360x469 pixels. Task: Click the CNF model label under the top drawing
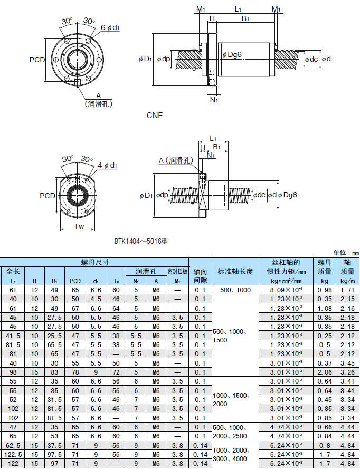point(155,115)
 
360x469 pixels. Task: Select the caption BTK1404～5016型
point(141,241)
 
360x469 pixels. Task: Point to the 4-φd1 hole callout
point(107,166)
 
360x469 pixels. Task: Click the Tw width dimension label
point(79,227)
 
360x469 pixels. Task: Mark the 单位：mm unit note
point(346,253)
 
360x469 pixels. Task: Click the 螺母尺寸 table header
point(95,262)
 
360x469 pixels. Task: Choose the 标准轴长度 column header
point(235,272)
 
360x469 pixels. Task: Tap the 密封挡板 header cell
point(177,271)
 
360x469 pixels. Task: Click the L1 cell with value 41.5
point(13,336)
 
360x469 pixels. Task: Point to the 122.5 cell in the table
point(13,454)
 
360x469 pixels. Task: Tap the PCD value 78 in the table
point(75,372)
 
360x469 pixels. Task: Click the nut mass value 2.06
point(324,372)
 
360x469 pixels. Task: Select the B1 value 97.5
point(54,454)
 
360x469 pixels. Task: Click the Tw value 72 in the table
point(116,372)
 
